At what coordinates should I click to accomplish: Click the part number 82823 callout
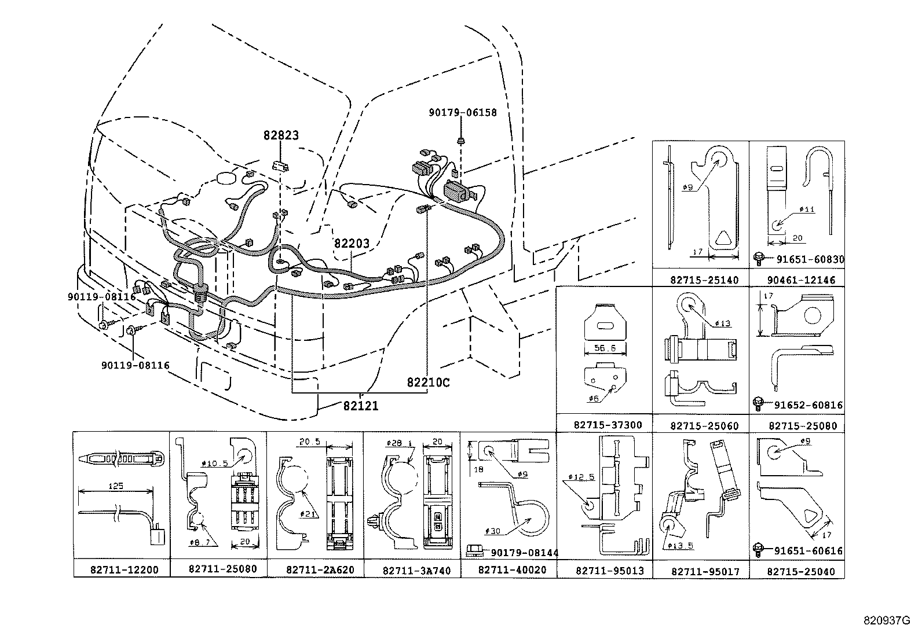pyautogui.click(x=281, y=135)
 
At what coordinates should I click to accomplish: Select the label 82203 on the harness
pyautogui.click(x=351, y=244)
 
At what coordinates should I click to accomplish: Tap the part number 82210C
pyautogui.click(x=428, y=383)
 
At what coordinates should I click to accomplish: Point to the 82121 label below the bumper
pyautogui.click(x=360, y=406)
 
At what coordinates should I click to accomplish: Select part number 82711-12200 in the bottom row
pyautogui.click(x=124, y=570)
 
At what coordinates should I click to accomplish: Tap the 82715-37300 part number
pyautogui.click(x=608, y=425)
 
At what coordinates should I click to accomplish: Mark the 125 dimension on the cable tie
pyautogui.click(x=116, y=486)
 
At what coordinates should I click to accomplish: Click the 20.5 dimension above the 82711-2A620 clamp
pyautogui.click(x=310, y=442)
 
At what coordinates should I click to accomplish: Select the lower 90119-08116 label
pyautogui.click(x=135, y=366)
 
